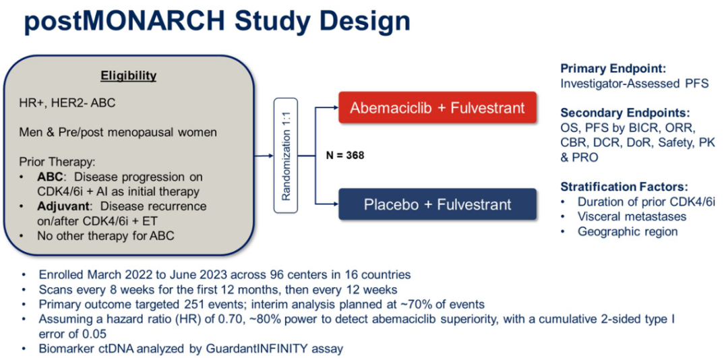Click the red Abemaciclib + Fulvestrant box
437,107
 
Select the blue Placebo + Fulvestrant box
437,204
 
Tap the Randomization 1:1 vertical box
286,156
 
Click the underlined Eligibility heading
129,76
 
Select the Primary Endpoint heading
613,69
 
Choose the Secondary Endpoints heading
619,113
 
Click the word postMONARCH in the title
113,22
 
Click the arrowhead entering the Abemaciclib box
335,107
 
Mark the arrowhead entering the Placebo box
335,204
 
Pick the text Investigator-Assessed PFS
635,84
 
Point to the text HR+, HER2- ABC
67,102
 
